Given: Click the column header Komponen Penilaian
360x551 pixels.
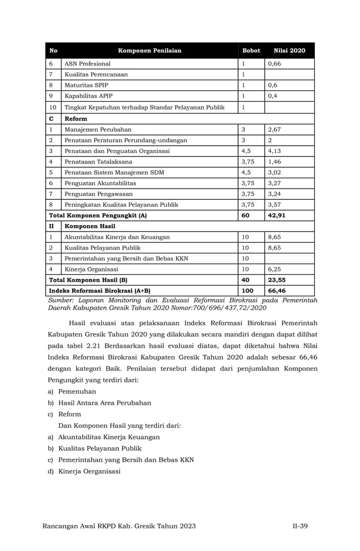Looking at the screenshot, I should [x=150, y=51].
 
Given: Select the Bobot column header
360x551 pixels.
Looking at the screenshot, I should [x=251, y=51].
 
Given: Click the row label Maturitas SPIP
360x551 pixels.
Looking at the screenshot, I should [x=86, y=85].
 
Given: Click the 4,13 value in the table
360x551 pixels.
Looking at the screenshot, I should [x=274, y=151].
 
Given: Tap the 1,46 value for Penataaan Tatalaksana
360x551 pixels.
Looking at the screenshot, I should [x=274, y=161].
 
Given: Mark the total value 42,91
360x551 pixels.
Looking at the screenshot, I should [x=276, y=215].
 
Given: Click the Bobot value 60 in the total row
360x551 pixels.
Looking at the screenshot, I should [x=245, y=215].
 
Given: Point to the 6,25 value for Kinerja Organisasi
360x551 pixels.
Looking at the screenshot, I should [x=274, y=269].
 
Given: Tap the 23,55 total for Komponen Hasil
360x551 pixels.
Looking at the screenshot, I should [x=276, y=279].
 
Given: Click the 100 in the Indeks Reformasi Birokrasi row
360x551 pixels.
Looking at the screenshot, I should [x=247, y=290].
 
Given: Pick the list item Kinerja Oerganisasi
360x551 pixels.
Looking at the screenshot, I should [x=89, y=471].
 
